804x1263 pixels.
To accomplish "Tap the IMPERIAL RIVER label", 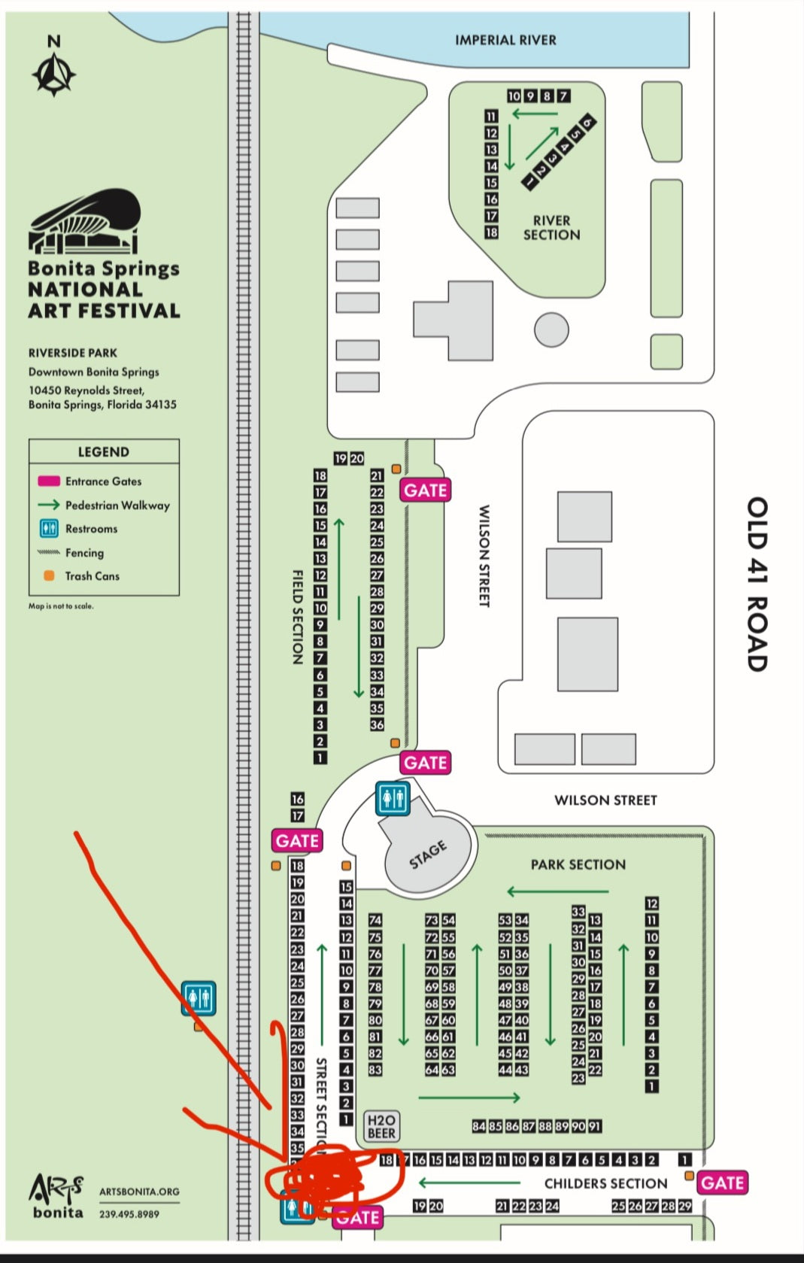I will [x=505, y=40].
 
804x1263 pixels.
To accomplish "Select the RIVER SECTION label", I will [x=551, y=227].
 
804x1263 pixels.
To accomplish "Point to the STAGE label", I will [x=428, y=855].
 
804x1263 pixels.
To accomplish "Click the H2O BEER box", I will [x=381, y=1126].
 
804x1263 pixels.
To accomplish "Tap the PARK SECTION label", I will [x=578, y=864].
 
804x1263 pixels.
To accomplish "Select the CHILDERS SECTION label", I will [x=605, y=1183].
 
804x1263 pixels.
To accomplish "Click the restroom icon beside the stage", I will [x=393, y=797].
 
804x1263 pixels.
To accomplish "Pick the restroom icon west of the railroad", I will [x=199, y=998].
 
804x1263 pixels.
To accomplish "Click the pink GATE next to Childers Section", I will [x=722, y=1183].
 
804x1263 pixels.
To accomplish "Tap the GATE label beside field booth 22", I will [x=425, y=490].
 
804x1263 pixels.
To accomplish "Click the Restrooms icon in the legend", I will [x=49, y=528].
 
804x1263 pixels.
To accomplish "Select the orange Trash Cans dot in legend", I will [x=49, y=575].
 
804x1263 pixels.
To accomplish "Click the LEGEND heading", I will [x=103, y=451].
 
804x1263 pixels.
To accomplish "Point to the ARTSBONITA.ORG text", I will [x=139, y=1192].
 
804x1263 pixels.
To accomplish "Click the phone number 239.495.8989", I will [x=129, y=1213].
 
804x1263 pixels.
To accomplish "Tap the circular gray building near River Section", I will [x=551, y=329].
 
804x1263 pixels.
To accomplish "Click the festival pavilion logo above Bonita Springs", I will [x=84, y=221].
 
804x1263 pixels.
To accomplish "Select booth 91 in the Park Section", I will [x=594, y=1126].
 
